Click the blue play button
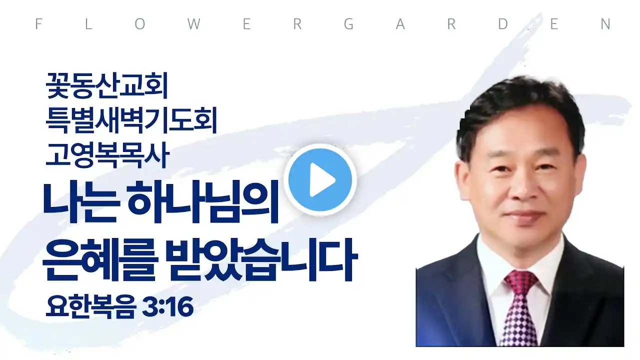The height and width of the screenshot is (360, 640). (x=320, y=180)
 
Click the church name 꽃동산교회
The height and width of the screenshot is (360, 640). (x=106, y=85)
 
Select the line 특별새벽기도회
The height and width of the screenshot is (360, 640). (x=131, y=120)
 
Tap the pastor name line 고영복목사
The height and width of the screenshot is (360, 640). (x=107, y=155)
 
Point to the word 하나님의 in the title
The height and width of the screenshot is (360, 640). (x=203, y=201)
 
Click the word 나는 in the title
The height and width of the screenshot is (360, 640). (x=81, y=201)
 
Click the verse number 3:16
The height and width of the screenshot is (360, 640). (x=167, y=307)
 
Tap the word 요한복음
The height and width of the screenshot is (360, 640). (x=91, y=307)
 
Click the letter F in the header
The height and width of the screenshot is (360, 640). (x=38, y=24)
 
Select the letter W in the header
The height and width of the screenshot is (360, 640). (x=194, y=24)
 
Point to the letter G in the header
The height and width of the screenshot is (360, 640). (x=349, y=24)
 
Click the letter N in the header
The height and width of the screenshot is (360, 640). (x=605, y=24)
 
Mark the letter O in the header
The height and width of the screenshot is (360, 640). (x=140, y=24)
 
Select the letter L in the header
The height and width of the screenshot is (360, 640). (x=88, y=24)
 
